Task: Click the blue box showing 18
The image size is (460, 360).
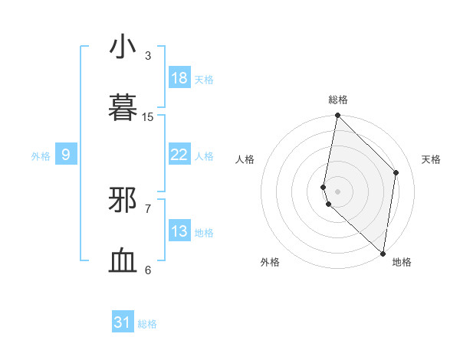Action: pos(179,77)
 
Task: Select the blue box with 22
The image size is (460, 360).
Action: pos(179,155)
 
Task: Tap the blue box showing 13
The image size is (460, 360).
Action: pos(179,231)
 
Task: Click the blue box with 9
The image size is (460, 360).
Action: pos(66,155)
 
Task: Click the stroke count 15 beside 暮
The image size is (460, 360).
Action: pos(148,116)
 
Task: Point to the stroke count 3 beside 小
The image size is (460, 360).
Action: pos(148,55)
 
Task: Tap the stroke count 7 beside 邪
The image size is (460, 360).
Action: pos(148,208)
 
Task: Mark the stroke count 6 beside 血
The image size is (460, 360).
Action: pos(148,270)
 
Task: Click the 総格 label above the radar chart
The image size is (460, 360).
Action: pos(338,100)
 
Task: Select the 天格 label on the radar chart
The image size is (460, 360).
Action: pos(432,159)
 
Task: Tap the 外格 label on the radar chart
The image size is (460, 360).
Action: pos(270,262)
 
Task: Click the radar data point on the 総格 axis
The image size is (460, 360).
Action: pos(337,116)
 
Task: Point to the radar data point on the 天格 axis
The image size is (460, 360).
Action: pos(396,172)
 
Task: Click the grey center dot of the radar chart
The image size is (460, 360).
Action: pos(337,191)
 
